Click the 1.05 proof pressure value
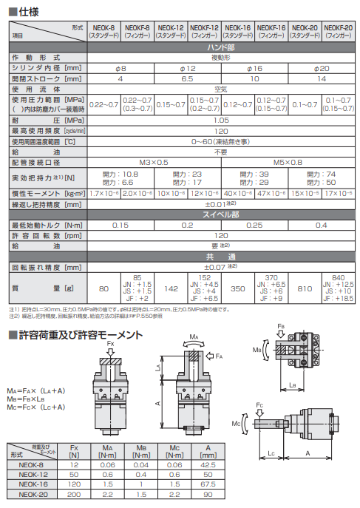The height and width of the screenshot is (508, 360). [221, 119]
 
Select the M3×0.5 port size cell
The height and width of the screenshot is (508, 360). [154, 160]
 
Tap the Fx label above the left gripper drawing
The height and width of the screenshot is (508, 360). [111, 345]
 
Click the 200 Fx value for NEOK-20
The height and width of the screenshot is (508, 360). [74, 494]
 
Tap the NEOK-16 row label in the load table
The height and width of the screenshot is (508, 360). [33, 484]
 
